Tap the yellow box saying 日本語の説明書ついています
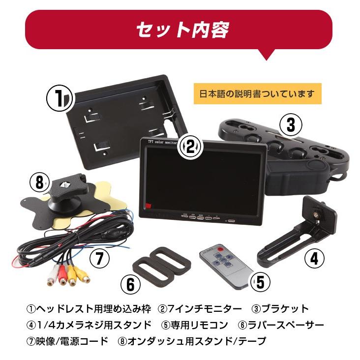[x=257, y=93]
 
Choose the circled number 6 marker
[x=130, y=284]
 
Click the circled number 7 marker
[x=98, y=257]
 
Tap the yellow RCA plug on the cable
[x=72, y=278]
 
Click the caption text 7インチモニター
[x=206, y=309]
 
